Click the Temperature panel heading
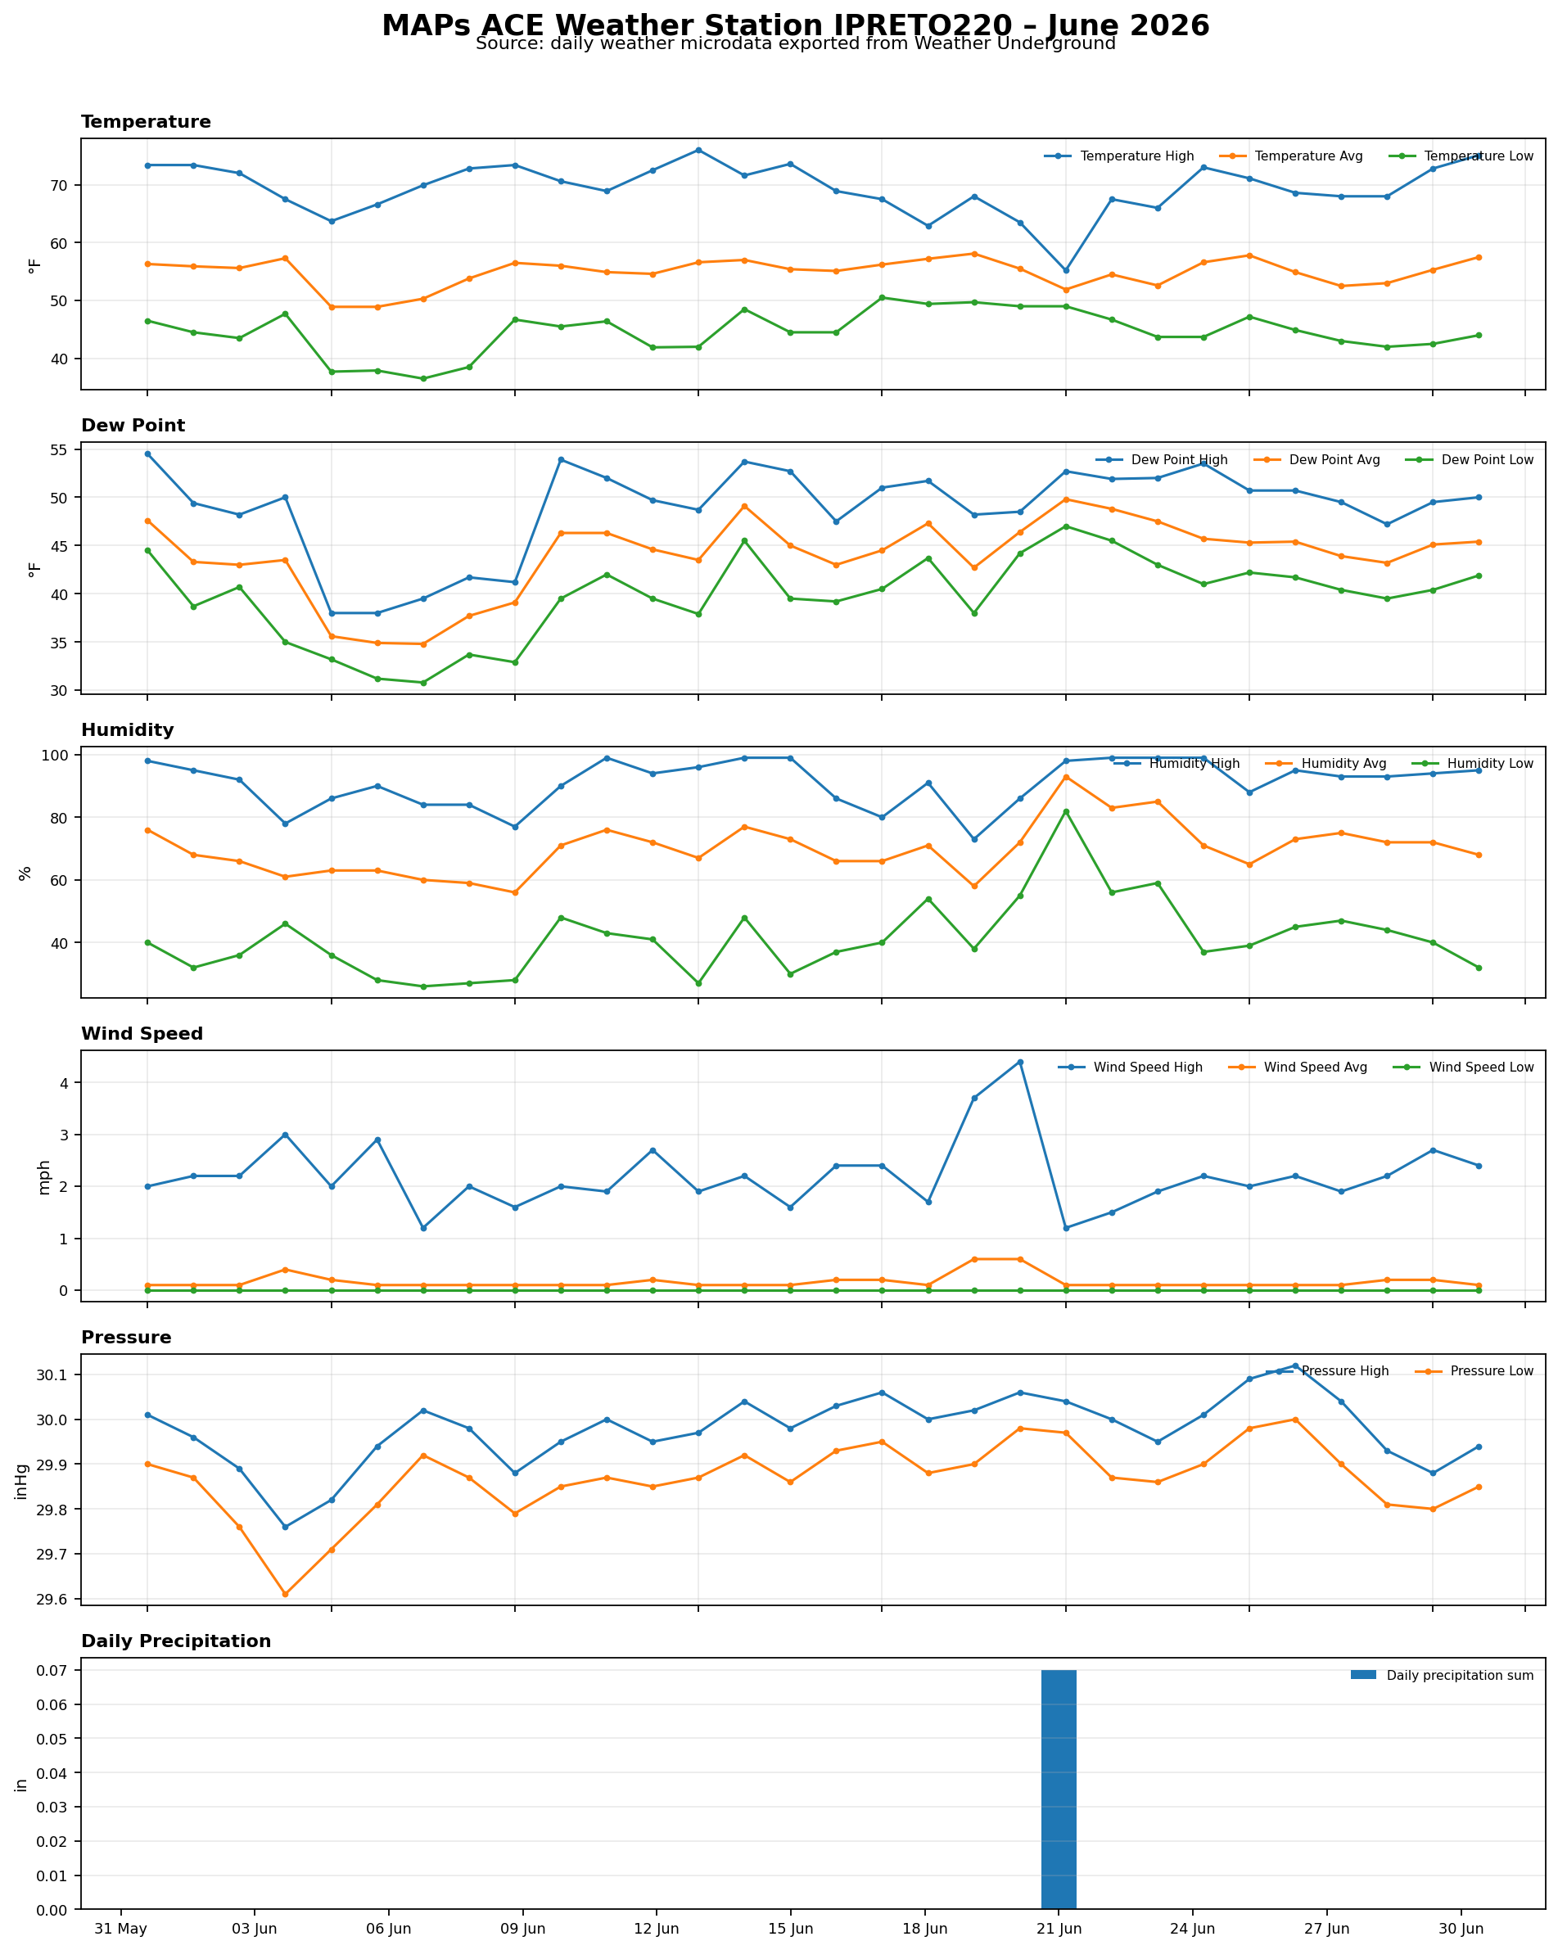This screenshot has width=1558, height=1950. click(146, 122)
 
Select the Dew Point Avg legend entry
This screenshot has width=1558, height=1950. click(1321, 459)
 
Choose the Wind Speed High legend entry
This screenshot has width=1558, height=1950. click(1130, 1068)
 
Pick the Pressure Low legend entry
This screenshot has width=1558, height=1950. click(1474, 1371)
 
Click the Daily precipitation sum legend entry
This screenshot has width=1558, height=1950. click(1443, 1675)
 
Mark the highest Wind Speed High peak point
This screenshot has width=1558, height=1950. click(1021, 1062)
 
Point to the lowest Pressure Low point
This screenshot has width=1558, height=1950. click(285, 1594)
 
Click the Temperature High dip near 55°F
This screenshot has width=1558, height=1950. click(1066, 270)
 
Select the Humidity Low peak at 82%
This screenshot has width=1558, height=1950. click(1066, 811)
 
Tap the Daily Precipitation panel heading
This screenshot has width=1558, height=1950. click(176, 1641)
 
